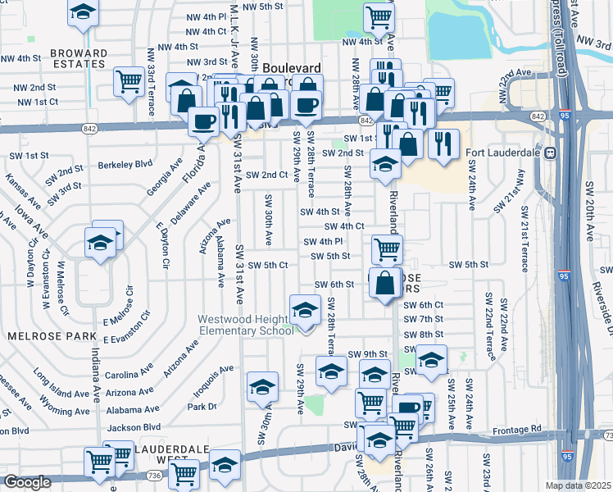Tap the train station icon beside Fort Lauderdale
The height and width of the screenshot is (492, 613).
click(x=552, y=153)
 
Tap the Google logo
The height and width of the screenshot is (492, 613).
click(x=27, y=482)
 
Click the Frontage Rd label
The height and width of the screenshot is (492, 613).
click(x=518, y=429)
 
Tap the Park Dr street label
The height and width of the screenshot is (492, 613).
click(x=202, y=406)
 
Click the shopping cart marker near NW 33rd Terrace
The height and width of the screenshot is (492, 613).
click(x=129, y=81)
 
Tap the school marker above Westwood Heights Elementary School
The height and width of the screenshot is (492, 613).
click(x=304, y=311)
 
